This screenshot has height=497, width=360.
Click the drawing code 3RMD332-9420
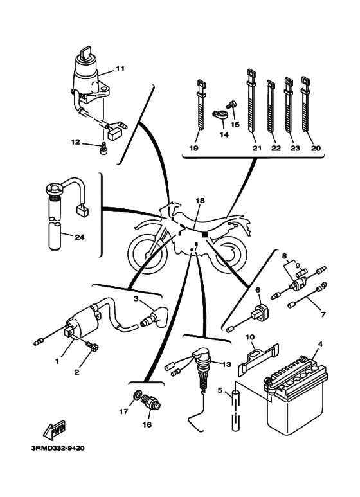[59, 449]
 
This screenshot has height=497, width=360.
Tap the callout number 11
[120, 68]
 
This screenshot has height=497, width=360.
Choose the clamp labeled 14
[220, 115]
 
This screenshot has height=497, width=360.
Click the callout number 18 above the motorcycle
[201, 201]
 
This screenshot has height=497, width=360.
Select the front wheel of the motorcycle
[148, 253]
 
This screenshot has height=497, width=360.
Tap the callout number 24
[79, 237]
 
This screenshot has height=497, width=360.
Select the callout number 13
[226, 365]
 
